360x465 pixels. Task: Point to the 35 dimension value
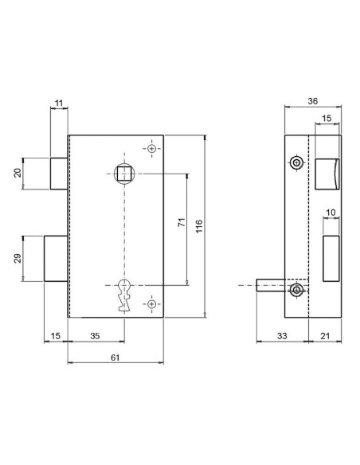point(95,337)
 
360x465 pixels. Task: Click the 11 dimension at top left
point(59,103)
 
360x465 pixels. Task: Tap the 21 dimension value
point(324,337)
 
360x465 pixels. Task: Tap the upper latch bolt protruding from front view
point(58,174)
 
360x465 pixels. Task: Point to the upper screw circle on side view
point(296,162)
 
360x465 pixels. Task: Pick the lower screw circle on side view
point(296,291)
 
